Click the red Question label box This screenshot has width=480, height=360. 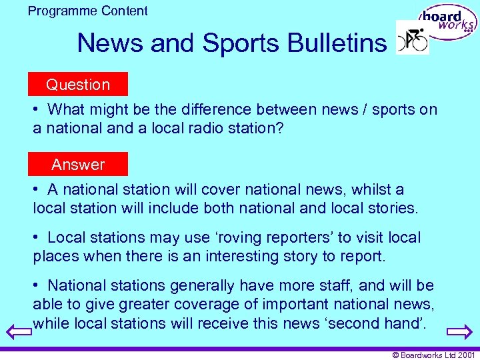point(78,85)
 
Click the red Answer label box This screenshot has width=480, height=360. point(78,165)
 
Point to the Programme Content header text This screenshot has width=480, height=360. point(88,11)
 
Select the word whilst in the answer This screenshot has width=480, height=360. point(366,189)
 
